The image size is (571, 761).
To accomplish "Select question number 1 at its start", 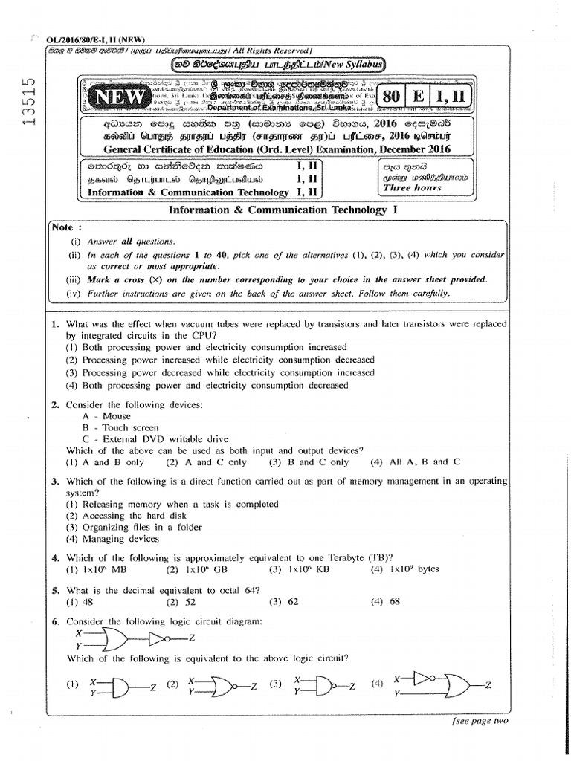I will pyautogui.click(x=55, y=324).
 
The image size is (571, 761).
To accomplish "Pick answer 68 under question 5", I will pyautogui.click(x=394, y=602).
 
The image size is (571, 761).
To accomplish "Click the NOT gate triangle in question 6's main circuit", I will pyautogui.click(x=158, y=637).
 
